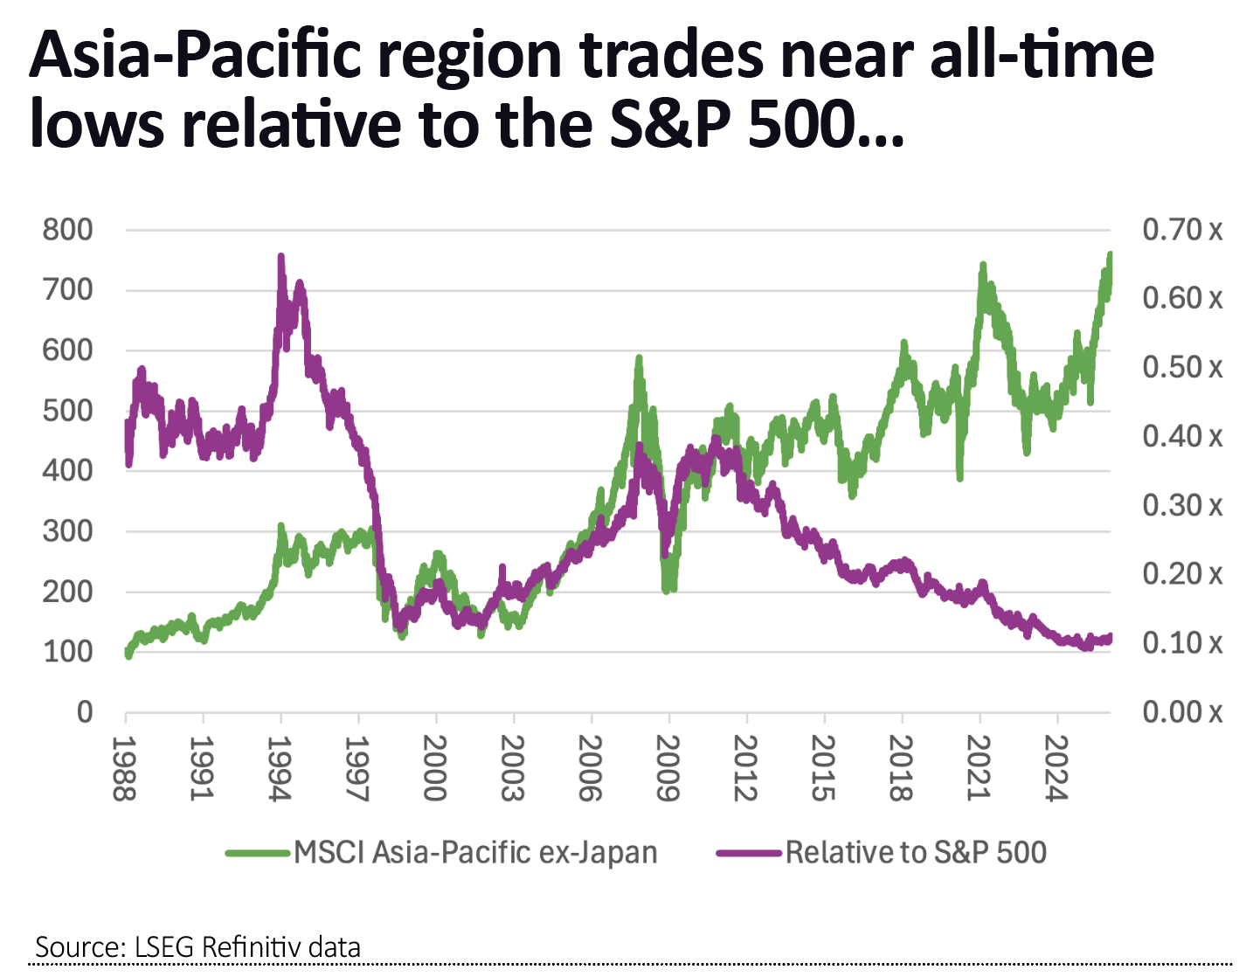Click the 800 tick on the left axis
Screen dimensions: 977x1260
pyautogui.click(x=67, y=230)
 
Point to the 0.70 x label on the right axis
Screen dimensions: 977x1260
pyautogui.click(x=1182, y=230)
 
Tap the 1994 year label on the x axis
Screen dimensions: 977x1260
pyautogui.click(x=280, y=768)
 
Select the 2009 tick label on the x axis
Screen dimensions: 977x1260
pyautogui.click(x=668, y=768)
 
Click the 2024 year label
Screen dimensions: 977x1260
pyautogui.click(x=1056, y=768)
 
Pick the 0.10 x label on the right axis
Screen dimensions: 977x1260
pyautogui.click(x=1182, y=643)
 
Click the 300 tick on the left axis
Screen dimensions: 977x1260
pyautogui.click(x=67, y=531)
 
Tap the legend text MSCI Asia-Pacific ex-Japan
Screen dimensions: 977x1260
pyautogui.click(x=475, y=852)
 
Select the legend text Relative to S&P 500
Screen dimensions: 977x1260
pyautogui.click(x=916, y=852)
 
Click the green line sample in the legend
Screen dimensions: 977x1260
pyautogui.click(x=258, y=853)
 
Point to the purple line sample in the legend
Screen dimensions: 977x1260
pyautogui.click(x=749, y=853)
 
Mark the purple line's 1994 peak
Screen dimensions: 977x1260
pyautogui.click(x=280, y=257)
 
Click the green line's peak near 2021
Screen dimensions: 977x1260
pyautogui.click(x=983, y=265)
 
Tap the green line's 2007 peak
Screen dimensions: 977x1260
pyautogui.click(x=639, y=358)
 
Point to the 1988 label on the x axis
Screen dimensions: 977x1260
pyautogui.click(x=125, y=768)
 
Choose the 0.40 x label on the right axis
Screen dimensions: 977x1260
pyautogui.click(x=1182, y=436)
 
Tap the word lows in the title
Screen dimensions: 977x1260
pyautogui.click(x=96, y=125)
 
